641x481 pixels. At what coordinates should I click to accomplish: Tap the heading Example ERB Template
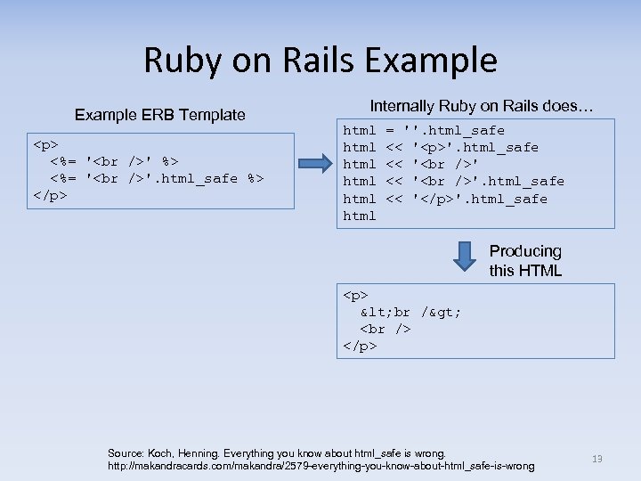(x=160, y=115)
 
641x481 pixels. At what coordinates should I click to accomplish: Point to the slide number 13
(x=597, y=459)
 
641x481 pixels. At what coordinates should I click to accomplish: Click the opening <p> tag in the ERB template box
(x=46, y=144)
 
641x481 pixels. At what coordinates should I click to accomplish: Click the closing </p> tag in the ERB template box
(x=51, y=195)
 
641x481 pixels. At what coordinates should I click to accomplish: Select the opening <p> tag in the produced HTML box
(x=356, y=295)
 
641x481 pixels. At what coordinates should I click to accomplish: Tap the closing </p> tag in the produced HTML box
(x=361, y=346)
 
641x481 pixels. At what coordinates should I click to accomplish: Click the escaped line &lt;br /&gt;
(x=410, y=312)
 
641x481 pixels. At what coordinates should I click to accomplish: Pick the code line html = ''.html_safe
(x=424, y=130)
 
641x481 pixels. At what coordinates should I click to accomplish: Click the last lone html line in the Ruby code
(x=360, y=216)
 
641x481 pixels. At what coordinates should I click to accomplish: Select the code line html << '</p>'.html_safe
(x=445, y=199)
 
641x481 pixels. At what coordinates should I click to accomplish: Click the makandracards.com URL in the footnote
(x=320, y=466)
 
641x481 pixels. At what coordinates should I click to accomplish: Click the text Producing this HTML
(x=525, y=261)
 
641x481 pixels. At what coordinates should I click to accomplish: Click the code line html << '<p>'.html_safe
(x=441, y=147)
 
